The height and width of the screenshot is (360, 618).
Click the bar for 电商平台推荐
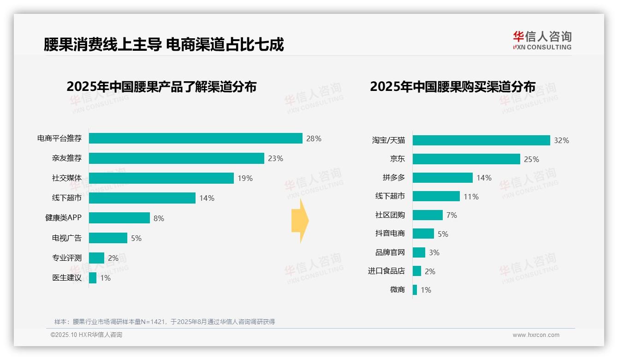pyautogui.click(x=196, y=138)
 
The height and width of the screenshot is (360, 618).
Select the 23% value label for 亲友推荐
pyautogui.click(x=275, y=158)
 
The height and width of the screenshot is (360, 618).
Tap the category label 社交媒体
pyautogui.click(x=66, y=178)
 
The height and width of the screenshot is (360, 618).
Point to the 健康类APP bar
pyautogui.click(x=119, y=218)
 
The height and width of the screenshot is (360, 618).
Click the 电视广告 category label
pyautogui.click(x=66, y=238)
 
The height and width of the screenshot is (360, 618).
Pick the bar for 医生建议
pyautogui.click(x=93, y=278)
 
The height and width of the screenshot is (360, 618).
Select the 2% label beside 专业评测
pyautogui.click(x=113, y=258)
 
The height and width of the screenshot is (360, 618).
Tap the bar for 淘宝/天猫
pyautogui.click(x=481, y=140)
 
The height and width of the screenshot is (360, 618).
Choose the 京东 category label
pyautogui.click(x=397, y=159)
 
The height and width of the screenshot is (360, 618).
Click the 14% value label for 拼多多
pyautogui.click(x=484, y=178)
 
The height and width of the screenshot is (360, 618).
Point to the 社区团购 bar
pyautogui.click(x=428, y=215)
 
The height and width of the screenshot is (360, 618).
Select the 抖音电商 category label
pyautogui.click(x=390, y=234)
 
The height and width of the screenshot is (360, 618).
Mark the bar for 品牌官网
pyautogui.click(x=419, y=252)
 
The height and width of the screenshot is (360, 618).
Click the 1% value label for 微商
pyautogui.click(x=425, y=290)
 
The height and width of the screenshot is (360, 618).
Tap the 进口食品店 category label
pyautogui.click(x=386, y=271)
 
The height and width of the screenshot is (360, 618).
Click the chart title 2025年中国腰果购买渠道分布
pyautogui.click(x=452, y=87)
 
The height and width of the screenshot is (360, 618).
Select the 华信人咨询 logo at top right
pyautogui.click(x=542, y=40)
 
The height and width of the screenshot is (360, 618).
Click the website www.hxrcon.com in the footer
pyautogui.click(x=535, y=335)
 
